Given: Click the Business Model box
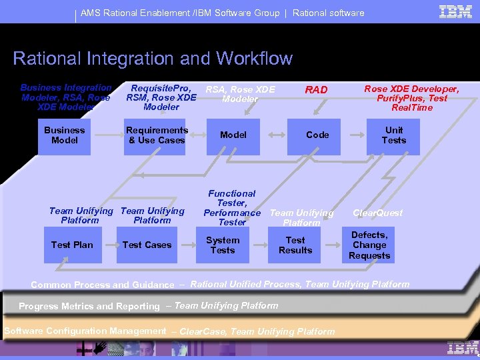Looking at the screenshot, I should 64,135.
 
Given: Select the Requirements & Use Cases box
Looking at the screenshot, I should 157,135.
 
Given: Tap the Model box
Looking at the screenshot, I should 233,135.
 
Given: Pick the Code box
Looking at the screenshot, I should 317,135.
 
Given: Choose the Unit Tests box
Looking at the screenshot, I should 393,135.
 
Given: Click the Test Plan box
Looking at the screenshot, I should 72,245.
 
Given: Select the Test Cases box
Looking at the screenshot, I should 147,245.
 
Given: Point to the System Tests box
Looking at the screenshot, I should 223,245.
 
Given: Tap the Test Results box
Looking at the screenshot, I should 295,245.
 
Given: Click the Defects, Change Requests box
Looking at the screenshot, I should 369,245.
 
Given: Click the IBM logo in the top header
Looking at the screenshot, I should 456,11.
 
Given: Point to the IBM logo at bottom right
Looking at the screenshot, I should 463,347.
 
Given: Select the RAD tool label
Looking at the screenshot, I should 316,90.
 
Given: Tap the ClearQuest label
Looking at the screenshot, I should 378,213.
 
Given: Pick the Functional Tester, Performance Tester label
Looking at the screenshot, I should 232,207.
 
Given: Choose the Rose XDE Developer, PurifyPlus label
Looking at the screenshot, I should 411,98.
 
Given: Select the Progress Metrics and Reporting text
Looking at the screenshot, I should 89,307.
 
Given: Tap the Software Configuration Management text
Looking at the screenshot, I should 85,331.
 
